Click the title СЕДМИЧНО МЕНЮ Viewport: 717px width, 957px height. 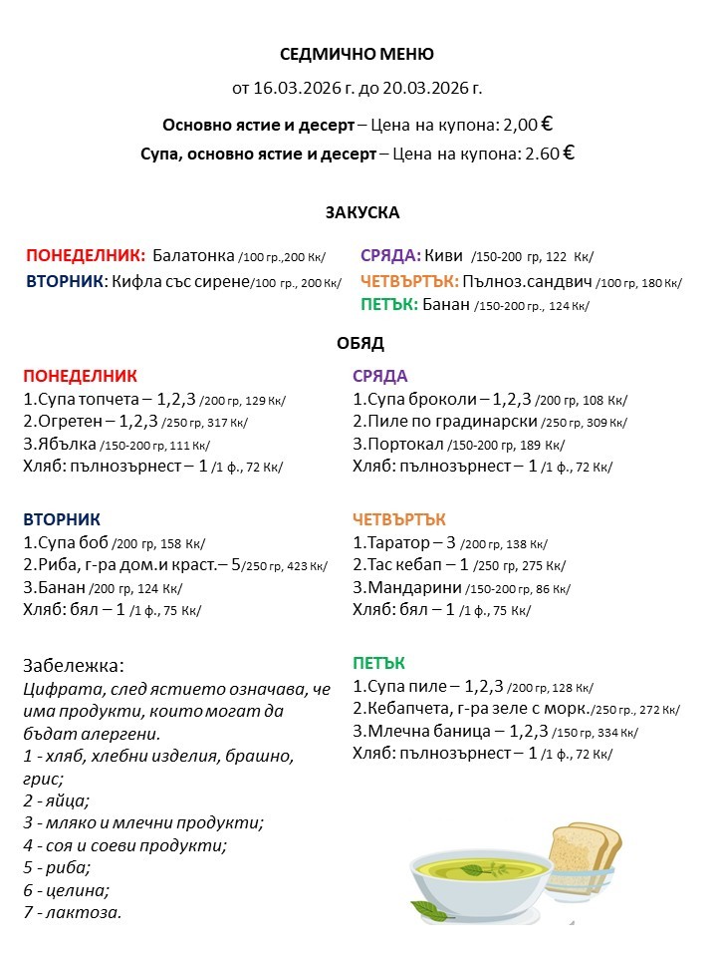(357, 54)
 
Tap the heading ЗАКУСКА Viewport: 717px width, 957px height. (361, 212)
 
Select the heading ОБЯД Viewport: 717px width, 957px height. (360, 343)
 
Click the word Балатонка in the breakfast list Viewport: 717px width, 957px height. (194, 254)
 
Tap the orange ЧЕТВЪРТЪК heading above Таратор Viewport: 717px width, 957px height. (399, 519)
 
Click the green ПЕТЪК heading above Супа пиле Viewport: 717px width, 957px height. (378, 663)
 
